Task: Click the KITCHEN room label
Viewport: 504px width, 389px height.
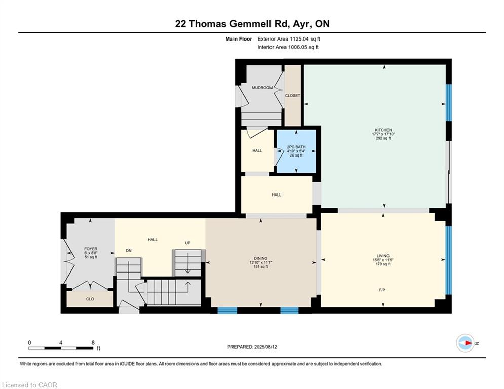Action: tap(383, 130)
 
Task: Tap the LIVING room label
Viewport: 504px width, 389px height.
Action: tap(383, 256)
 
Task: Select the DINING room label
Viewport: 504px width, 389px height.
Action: tap(260, 258)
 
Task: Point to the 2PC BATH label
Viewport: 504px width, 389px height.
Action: tap(296, 147)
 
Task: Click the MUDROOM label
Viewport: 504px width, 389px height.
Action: tap(262, 88)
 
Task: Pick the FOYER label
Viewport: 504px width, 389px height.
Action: tap(91, 249)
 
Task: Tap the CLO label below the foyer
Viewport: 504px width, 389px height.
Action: tap(90, 299)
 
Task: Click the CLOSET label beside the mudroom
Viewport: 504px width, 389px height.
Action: tap(292, 96)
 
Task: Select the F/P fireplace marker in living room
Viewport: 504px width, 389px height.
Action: tap(382, 290)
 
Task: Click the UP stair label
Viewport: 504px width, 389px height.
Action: tap(188, 243)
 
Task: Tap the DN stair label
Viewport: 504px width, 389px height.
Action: tap(129, 250)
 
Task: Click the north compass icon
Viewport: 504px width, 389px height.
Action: tap(466, 343)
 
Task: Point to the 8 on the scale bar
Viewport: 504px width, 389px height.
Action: tap(93, 343)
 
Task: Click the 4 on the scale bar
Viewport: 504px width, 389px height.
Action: tap(61, 343)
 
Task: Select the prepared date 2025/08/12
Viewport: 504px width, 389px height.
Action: tap(265, 347)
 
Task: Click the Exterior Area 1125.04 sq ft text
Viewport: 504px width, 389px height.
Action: tap(289, 39)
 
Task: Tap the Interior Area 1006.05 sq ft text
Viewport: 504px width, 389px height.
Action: tap(288, 47)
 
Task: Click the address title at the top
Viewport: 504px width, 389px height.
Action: tap(252, 24)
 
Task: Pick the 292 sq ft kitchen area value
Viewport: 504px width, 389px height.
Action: tap(383, 138)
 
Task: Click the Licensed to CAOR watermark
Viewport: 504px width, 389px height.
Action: tap(29, 385)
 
